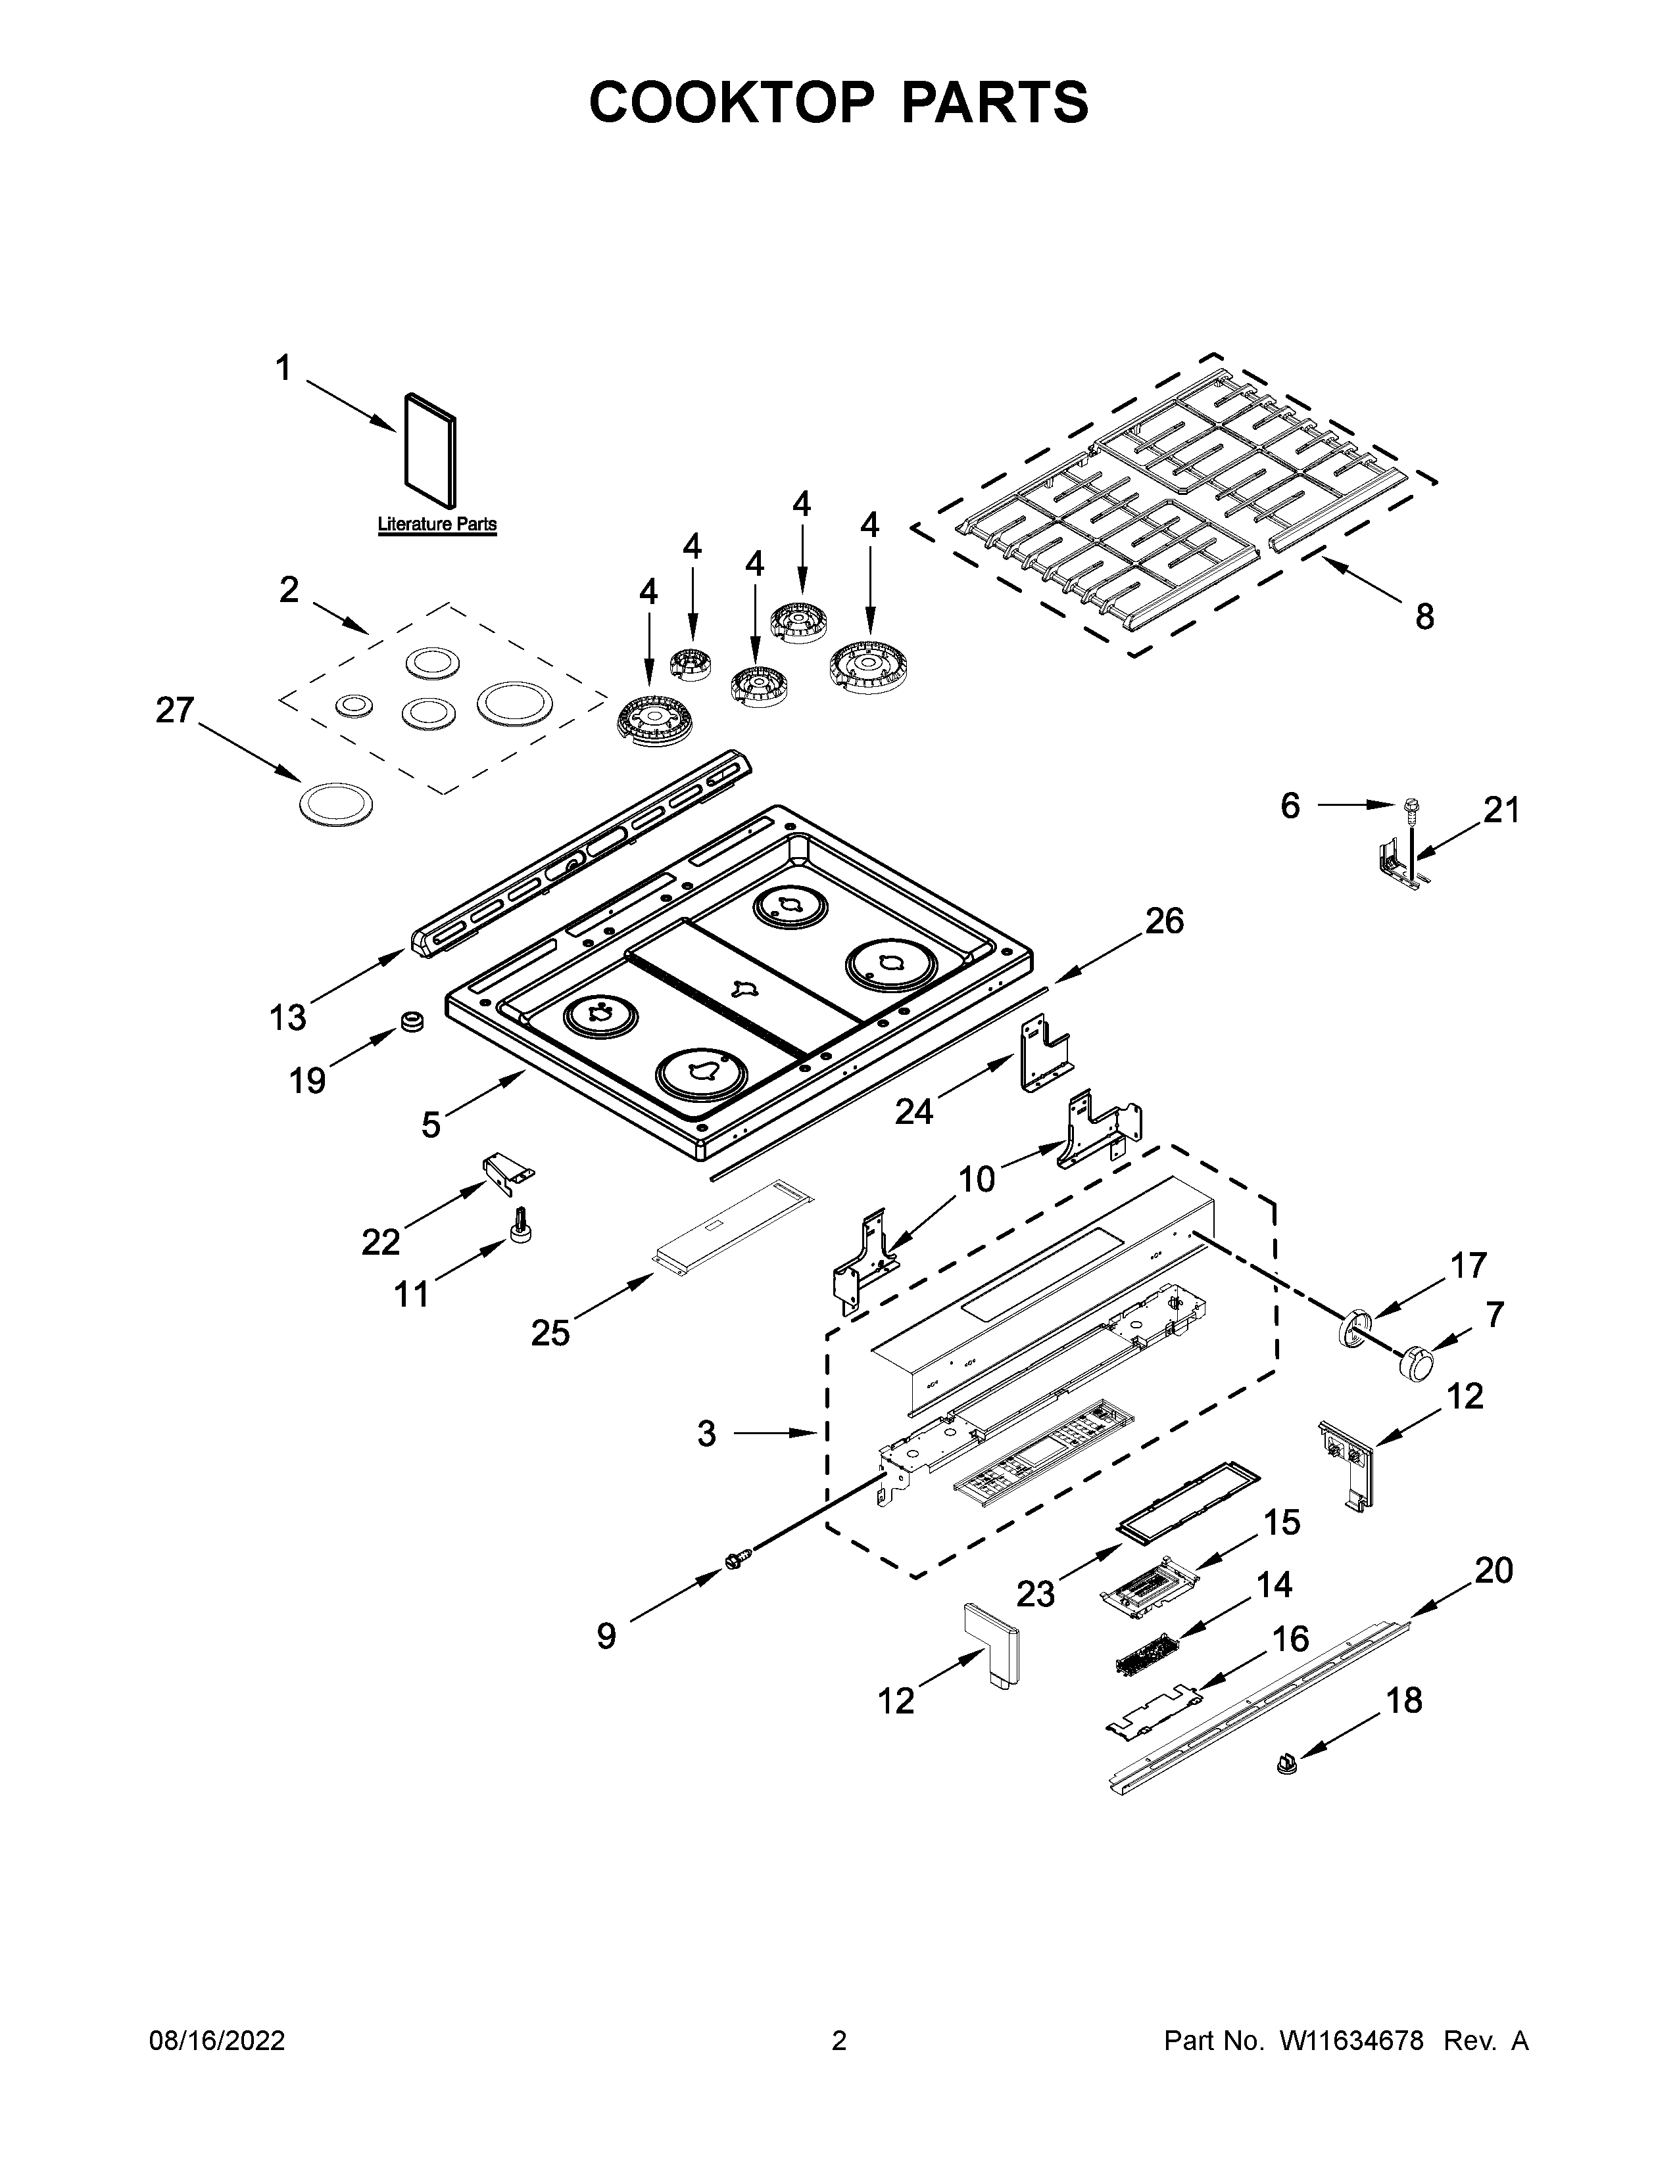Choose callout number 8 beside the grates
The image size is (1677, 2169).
coord(1424,617)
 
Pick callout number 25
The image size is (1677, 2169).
coord(549,1332)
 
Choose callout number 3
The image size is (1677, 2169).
coord(706,1433)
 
